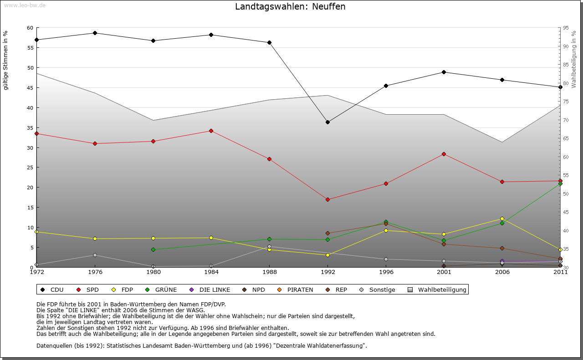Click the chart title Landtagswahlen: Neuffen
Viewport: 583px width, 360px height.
[x=290, y=7]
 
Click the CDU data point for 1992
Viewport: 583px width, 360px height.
[x=327, y=122]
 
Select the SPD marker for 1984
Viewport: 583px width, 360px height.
[x=211, y=131]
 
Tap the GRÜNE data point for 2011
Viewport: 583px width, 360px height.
[x=560, y=183]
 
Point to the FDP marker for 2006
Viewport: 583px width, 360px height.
[x=502, y=218]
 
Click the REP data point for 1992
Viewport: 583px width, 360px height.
[x=327, y=233]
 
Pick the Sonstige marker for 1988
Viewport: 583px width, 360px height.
[x=270, y=247]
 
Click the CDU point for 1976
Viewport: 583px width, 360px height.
[x=95, y=33]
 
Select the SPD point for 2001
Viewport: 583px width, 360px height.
[x=444, y=154]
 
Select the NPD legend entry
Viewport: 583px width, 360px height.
[x=255, y=289]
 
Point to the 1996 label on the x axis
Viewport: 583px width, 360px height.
[x=386, y=273]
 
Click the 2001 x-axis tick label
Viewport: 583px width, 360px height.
[x=444, y=273]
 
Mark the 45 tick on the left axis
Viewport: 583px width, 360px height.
[x=30, y=88]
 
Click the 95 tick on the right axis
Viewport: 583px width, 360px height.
[x=566, y=28]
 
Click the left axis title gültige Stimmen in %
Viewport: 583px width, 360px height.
[x=6, y=60]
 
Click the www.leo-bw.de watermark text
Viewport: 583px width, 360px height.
[x=24, y=5]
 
